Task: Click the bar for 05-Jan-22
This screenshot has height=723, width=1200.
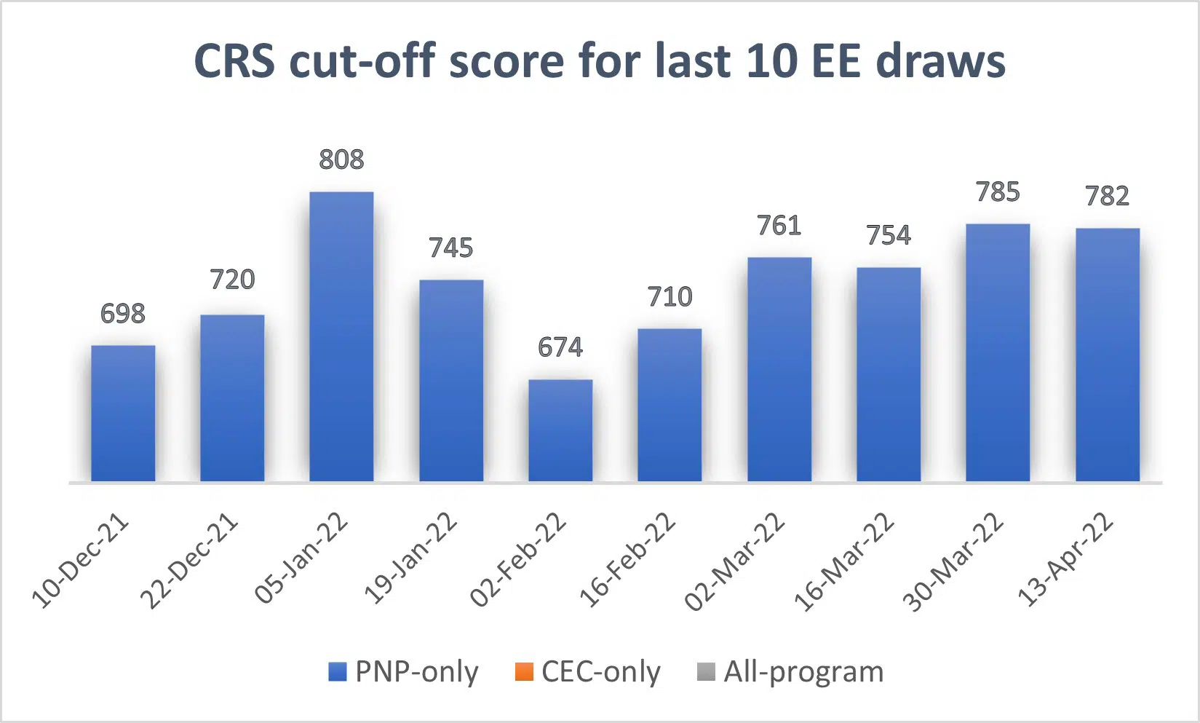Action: tap(341, 336)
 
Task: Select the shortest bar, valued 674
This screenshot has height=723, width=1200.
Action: tap(560, 430)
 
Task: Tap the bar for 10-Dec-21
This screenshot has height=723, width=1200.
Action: tap(123, 413)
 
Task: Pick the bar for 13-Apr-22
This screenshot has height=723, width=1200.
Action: tap(1107, 355)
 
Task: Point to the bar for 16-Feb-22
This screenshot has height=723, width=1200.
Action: tap(669, 405)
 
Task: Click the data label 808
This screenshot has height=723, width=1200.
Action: tap(341, 159)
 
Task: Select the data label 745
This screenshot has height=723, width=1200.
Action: tap(451, 248)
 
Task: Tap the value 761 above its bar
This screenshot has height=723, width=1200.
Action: tap(779, 226)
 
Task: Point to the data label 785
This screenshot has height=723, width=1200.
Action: tap(998, 192)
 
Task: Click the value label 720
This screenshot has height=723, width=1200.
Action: tap(232, 280)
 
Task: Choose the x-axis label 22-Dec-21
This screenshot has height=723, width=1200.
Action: tap(189, 561)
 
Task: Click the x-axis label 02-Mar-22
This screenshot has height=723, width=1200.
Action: tap(736, 561)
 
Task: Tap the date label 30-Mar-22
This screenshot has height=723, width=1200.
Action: tap(954, 561)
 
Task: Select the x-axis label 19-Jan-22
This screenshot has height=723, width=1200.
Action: tap(410, 559)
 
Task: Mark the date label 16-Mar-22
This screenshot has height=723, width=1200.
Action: tap(844, 561)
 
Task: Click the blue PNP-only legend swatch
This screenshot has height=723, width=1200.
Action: tap(338, 671)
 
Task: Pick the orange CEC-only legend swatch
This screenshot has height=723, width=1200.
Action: tap(524, 671)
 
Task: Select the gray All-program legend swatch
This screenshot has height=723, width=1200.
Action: tap(706, 671)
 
